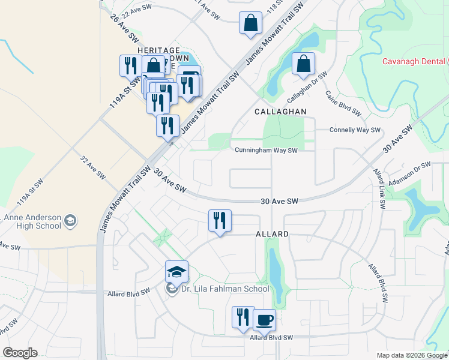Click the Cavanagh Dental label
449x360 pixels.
pos(413,62)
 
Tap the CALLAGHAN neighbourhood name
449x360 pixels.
pos(280,112)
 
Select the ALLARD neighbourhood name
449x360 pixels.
pos(272,233)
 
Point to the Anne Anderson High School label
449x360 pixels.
pos(32,221)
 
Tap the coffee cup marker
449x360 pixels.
pos(264,320)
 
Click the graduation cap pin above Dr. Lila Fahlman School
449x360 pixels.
pos(177,272)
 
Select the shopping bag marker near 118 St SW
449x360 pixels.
pos(250,23)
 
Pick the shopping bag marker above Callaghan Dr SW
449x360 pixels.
pos(304,64)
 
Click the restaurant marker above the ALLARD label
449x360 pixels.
pos(220,221)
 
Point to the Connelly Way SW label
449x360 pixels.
pos(355,130)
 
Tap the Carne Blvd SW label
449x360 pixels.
pos(343,103)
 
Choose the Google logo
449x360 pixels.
pos(20,353)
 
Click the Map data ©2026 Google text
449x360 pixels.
pos(412,355)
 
